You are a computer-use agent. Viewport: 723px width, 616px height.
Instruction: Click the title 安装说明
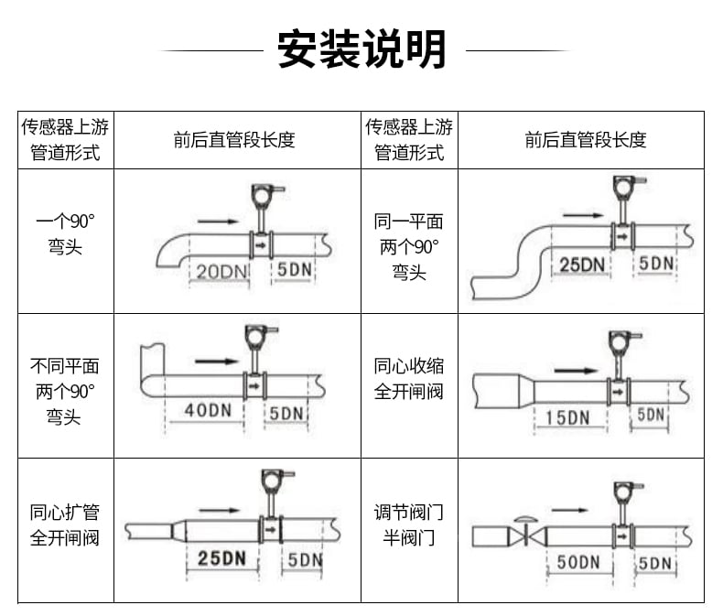361,49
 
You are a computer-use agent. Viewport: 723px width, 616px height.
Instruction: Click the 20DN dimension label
221,271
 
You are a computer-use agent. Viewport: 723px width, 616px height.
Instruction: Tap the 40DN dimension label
208,410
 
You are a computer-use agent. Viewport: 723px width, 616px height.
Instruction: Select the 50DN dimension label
578,562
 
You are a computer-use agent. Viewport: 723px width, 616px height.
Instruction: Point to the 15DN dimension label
567,417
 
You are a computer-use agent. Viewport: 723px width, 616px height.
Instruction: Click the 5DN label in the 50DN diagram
654,563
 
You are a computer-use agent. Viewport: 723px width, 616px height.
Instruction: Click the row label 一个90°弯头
66,234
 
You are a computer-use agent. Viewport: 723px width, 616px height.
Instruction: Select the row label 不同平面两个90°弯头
65,392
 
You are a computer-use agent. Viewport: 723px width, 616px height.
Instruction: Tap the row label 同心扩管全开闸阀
65,524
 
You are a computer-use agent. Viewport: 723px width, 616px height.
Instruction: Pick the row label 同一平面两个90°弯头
409,247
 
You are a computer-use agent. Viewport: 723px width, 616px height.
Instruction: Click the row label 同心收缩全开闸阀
409,379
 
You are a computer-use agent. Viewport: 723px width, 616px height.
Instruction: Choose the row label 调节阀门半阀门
409,524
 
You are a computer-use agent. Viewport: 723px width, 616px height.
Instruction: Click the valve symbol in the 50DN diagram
527,533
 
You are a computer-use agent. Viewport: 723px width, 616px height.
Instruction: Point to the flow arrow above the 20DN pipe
218,222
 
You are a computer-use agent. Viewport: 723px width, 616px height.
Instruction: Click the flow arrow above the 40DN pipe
216,361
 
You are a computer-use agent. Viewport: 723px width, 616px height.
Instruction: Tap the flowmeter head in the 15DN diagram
621,341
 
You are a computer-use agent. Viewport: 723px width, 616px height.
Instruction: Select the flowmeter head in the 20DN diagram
264,196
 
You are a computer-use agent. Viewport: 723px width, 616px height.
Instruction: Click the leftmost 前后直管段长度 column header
234,140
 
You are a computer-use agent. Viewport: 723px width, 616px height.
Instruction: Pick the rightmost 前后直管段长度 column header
586,140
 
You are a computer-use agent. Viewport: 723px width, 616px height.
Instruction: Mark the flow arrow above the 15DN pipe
576,371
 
